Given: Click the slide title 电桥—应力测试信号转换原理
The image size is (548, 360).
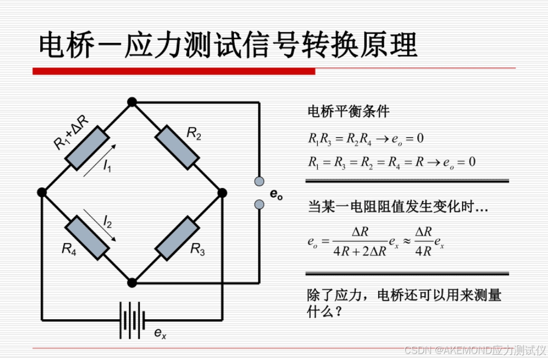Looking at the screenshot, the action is (228, 44).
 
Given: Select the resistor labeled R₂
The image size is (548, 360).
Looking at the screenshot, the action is (177, 148).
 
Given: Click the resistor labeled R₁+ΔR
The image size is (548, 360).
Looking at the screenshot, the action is (85, 147).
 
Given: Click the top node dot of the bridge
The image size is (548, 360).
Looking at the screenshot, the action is (131, 102).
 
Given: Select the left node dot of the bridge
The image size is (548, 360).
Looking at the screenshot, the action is (42, 192).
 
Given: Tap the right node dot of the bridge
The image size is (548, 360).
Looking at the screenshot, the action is (221, 192).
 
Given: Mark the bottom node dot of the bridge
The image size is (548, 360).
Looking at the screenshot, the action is (131, 282).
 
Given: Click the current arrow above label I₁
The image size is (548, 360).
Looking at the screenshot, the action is (99, 161).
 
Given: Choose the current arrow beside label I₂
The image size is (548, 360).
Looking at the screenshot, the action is (100, 225).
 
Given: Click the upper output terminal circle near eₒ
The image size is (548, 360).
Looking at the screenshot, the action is (260, 181).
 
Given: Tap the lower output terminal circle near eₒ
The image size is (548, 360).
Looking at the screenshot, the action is (260, 204).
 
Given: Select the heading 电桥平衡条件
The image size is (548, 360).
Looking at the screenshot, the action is (348, 112).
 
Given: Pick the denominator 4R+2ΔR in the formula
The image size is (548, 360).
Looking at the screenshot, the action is (360, 252).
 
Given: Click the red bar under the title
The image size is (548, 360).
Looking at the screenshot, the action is (174, 71).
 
